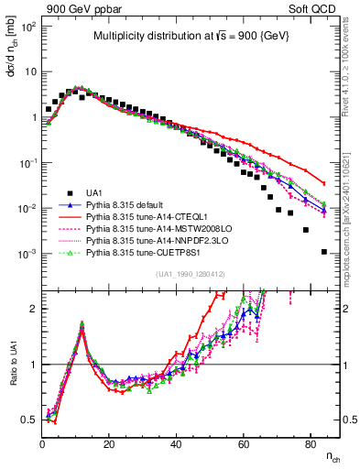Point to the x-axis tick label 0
point(42,443)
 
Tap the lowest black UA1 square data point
point(323,251)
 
